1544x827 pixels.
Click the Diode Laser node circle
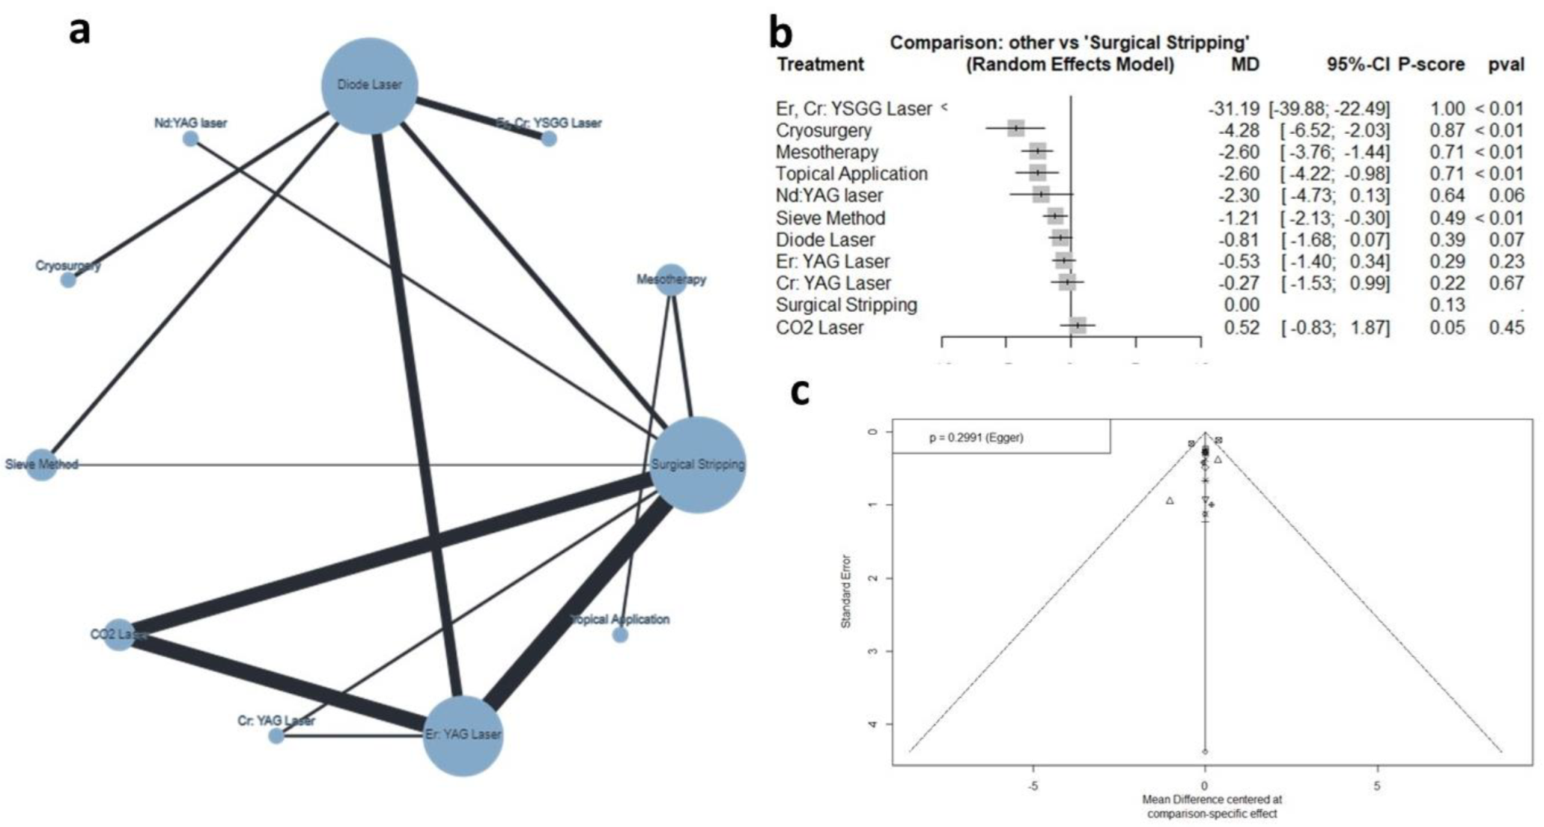(x=369, y=86)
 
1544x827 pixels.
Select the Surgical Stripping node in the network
(x=697, y=465)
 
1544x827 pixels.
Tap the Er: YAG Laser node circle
(x=463, y=735)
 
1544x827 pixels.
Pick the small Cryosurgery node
(x=68, y=280)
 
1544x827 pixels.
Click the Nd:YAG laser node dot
(x=191, y=139)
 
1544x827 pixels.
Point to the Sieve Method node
(x=42, y=465)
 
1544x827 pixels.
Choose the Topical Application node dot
(x=620, y=635)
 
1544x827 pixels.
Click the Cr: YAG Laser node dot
(x=276, y=736)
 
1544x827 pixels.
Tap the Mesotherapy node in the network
(x=671, y=279)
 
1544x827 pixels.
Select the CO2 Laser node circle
(x=118, y=635)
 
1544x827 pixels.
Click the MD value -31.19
(x=1233, y=109)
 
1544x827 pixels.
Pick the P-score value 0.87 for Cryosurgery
(x=1447, y=130)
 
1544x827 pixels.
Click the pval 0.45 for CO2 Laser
(x=1506, y=327)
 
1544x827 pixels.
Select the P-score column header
(x=1431, y=65)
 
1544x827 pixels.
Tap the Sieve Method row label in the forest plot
(x=830, y=218)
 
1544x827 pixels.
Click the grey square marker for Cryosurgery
(x=1015, y=129)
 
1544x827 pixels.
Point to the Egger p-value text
(x=976, y=437)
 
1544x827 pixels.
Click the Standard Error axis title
(x=845, y=591)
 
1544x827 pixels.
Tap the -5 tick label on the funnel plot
(x=1033, y=785)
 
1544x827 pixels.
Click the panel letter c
(x=799, y=392)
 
